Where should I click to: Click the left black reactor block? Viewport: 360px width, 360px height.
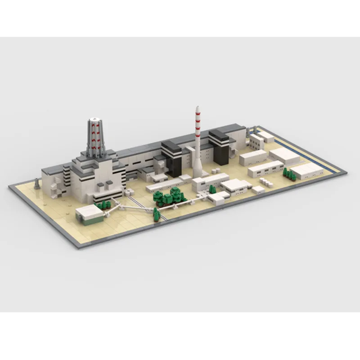tap(171, 159)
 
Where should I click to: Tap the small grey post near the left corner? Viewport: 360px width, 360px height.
tap(37, 183)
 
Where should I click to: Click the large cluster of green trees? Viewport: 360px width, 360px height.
tap(170, 197)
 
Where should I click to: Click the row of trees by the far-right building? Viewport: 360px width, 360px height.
tap(289, 174)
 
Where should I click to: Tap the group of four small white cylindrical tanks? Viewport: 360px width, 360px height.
tap(265, 182)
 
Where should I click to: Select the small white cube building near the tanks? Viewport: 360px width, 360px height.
tap(258, 190)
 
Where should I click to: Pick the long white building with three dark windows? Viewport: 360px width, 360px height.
tap(265, 169)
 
